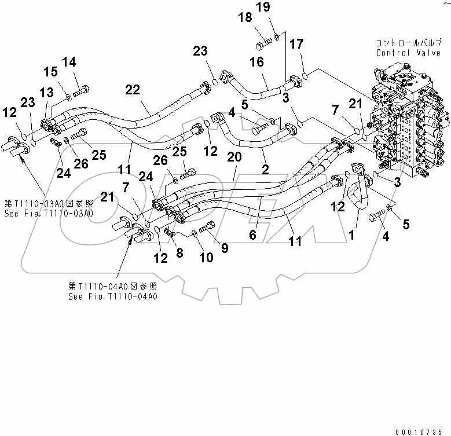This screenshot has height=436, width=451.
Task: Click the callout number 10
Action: point(206,257)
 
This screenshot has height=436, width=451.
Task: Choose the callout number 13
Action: point(46,93)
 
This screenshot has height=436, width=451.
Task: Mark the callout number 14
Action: point(69,61)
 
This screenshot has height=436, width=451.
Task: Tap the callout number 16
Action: point(256,62)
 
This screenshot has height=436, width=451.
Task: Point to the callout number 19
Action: point(278,7)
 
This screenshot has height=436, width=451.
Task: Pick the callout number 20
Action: point(234,156)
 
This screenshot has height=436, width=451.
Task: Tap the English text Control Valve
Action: point(401,53)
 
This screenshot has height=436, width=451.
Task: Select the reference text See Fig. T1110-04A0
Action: point(112,296)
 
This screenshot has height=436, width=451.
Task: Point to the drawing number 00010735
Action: point(422,431)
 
